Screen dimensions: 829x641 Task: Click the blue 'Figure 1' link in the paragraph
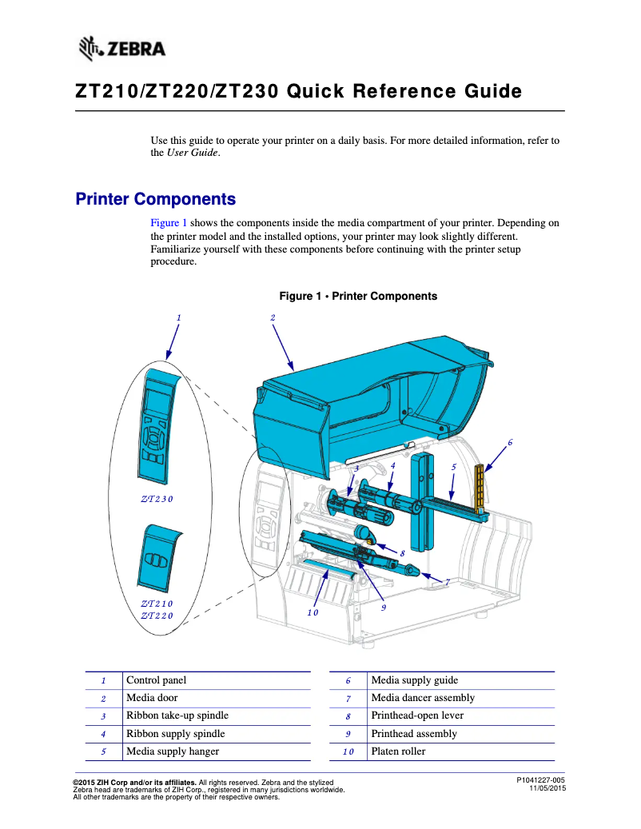[169, 223]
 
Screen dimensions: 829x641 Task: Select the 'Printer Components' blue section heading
[155, 199]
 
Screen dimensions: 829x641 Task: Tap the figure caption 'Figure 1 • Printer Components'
[357, 297]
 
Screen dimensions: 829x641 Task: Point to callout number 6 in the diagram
[510, 442]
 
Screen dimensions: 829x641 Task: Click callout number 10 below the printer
[313, 612]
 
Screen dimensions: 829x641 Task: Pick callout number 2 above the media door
[273, 317]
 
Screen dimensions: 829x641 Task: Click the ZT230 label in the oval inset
[157, 500]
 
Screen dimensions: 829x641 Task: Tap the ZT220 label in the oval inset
[157, 616]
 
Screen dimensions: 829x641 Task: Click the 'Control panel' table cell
[157, 680]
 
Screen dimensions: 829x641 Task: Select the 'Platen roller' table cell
[398, 751]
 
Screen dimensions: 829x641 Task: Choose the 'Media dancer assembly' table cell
[423, 698]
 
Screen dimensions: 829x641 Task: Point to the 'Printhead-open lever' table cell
[417, 715]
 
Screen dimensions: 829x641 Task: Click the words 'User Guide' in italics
[192, 153]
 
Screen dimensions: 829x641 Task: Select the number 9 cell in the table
[348, 734]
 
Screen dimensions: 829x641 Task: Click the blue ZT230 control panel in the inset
[157, 428]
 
